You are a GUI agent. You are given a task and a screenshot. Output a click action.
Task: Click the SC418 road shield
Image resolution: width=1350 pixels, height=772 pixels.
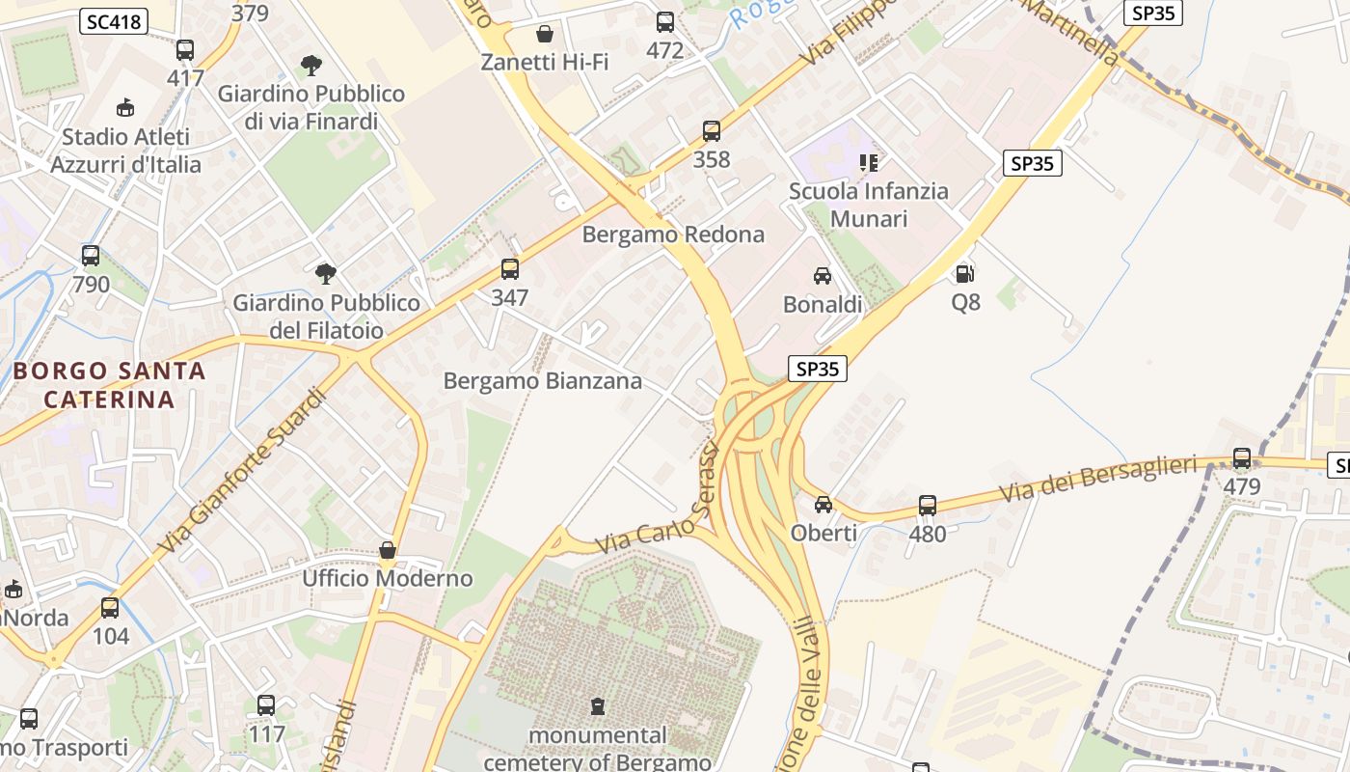[114, 22]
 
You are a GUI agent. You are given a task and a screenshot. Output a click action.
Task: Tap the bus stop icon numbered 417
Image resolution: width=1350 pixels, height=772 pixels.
[185, 50]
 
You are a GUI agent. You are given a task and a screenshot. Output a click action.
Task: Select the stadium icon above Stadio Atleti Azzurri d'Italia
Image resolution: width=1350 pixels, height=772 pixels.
[125, 107]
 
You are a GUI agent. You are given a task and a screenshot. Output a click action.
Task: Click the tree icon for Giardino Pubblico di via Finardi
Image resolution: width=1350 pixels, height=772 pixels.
[310, 66]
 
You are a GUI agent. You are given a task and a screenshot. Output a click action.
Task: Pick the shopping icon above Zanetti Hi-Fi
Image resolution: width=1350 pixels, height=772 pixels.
[545, 35]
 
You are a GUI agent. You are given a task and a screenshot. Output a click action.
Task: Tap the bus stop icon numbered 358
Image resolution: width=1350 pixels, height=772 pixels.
[712, 131]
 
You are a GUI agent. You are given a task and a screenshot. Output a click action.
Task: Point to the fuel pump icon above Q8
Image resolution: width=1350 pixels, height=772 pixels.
[964, 274]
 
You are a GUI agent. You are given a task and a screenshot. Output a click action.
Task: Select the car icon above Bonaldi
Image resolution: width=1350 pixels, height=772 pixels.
[823, 276]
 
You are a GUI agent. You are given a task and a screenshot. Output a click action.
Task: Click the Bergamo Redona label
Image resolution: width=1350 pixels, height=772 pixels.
[673, 234]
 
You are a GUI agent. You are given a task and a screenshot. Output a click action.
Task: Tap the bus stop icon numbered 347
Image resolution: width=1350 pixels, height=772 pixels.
[510, 269]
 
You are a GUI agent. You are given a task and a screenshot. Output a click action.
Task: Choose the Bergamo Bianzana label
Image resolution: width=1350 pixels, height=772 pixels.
[542, 381]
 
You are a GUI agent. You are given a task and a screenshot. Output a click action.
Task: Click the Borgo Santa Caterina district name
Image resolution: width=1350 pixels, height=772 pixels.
[109, 385]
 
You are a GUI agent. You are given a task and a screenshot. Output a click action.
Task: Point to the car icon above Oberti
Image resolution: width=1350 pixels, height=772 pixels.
[823, 505]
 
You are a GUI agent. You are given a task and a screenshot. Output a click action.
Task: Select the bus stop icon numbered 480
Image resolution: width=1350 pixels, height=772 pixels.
[928, 505]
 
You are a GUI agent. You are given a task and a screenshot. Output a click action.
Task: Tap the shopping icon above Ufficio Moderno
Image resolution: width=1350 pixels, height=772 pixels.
[388, 550]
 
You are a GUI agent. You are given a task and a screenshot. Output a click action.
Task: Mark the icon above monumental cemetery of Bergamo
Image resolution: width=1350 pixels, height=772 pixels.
[598, 706]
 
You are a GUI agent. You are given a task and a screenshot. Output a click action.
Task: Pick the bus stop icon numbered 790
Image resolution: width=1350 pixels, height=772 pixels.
[91, 256]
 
